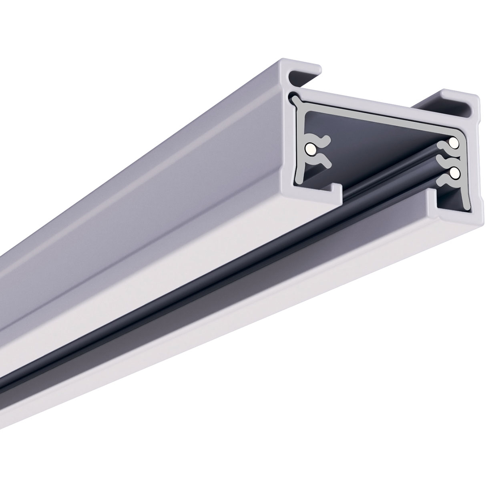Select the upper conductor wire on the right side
click(453, 143)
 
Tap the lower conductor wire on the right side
click(454, 172)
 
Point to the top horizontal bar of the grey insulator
click(380, 120)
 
